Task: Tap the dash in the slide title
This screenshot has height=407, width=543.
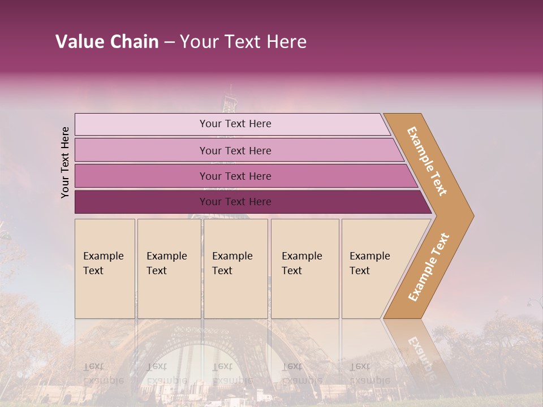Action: tap(169, 42)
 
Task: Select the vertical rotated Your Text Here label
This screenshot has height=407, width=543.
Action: tap(65, 162)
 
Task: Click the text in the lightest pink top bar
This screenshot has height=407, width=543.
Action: tap(235, 124)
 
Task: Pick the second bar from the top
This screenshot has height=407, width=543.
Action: tap(235, 150)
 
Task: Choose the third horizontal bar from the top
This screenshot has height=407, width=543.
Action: tap(235, 176)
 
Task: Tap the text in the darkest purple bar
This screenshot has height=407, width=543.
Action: tap(235, 202)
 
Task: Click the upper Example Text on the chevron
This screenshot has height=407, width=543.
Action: tap(427, 161)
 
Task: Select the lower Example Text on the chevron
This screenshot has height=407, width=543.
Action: tap(429, 267)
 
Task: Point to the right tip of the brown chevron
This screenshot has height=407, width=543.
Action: tap(472, 215)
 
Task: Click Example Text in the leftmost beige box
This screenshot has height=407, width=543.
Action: tap(103, 263)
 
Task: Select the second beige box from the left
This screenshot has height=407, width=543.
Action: tap(169, 269)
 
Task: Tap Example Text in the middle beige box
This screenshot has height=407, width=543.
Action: tap(232, 263)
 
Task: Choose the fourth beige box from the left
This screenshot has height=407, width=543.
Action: tap(304, 269)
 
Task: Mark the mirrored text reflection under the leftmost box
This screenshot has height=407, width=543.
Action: tap(103, 373)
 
